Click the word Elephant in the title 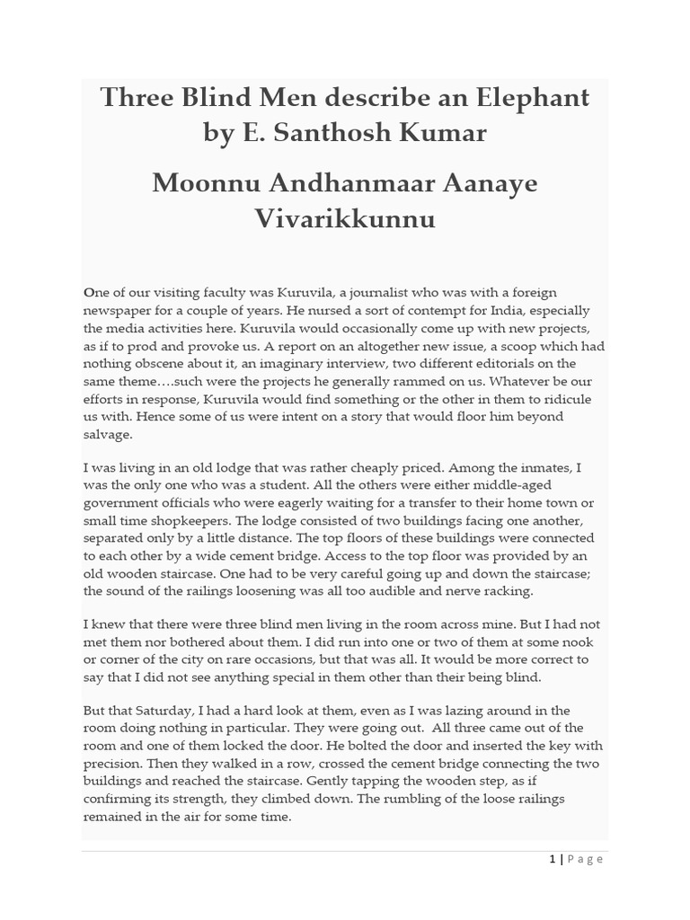pyautogui.click(x=528, y=97)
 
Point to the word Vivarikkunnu pyautogui.click(x=345, y=217)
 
